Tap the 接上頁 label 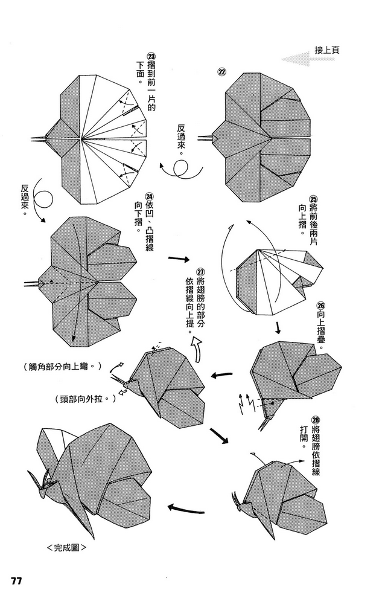click(x=326, y=50)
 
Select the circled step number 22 click(x=222, y=72)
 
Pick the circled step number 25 click(x=313, y=199)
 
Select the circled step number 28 click(x=314, y=421)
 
